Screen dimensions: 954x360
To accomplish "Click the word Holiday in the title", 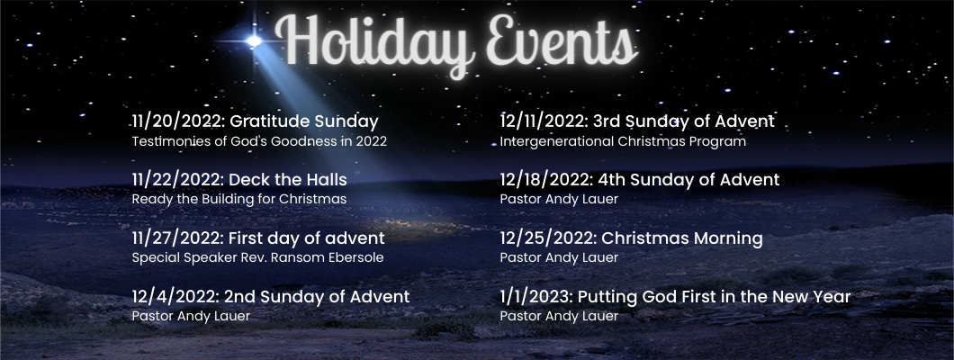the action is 375,41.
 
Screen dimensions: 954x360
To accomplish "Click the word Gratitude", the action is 269,121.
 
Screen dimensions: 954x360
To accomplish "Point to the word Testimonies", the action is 166,141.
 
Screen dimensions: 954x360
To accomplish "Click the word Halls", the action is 328,180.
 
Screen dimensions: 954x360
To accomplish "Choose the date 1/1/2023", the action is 536,297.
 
